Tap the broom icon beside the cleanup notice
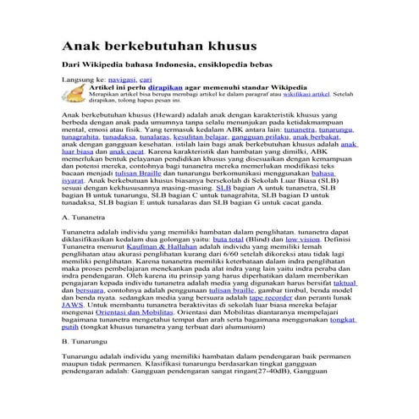pos(73,93)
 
